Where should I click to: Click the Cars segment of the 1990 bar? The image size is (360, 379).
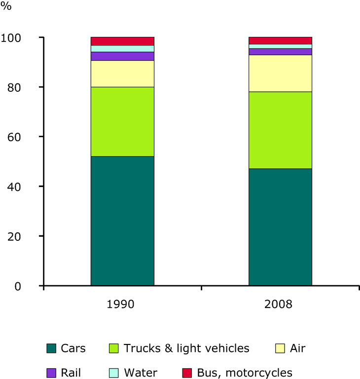[122, 221]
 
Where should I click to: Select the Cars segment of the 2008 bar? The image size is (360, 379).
[280, 227]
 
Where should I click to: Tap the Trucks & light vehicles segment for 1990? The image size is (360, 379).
[122, 121]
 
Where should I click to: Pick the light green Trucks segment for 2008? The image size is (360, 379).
[280, 130]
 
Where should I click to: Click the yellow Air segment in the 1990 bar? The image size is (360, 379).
[122, 74]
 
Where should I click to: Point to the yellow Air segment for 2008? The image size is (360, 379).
[280, 73]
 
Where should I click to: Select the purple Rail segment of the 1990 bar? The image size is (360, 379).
[122, 56]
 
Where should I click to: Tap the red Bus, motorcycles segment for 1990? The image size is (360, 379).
[122, 41]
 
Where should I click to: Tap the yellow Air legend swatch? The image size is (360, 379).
[280, 348]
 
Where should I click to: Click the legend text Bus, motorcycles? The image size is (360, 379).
[245, 373]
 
